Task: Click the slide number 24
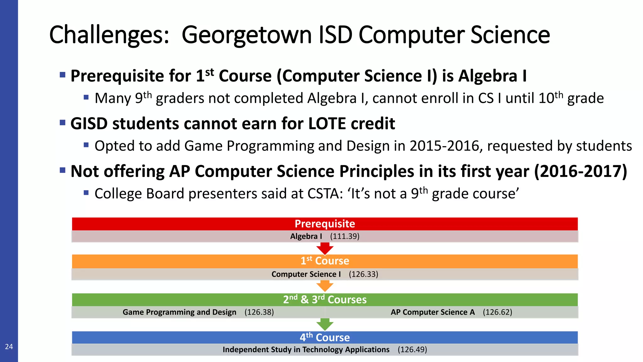click(9, 347)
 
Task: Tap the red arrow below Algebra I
click(325, 248)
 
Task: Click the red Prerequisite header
click(325, 224)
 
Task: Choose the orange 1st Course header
click(325, 261)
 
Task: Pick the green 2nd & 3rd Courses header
click(325, 299)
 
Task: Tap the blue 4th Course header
click(325, 337)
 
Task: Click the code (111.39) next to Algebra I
click(344, 236)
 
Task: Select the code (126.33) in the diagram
click(363, 274)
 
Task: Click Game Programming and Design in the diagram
click(179, 312)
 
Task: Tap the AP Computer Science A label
click(433, 312)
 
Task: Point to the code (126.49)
click(412, 350)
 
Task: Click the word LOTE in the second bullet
click(327, 123)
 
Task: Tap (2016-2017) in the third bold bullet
click(581, 172)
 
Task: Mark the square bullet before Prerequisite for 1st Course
click(62, 75)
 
